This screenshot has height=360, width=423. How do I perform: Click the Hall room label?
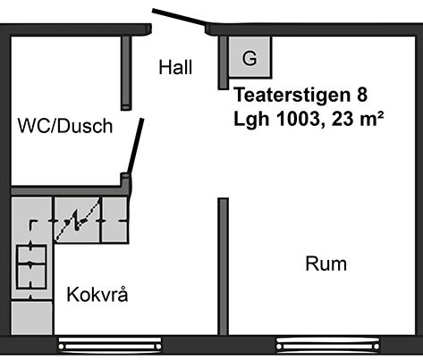tap(175, 67)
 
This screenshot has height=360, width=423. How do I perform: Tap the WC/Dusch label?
tap(65, 126)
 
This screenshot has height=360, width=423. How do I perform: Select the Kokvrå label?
tap(97, 295)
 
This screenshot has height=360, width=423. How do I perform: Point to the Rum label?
tap(326, 264)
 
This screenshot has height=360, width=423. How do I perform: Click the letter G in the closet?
tap(250, 58)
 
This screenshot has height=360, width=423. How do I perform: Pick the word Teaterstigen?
tap(292, 95)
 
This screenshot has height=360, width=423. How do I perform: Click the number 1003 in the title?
tap(299, 119)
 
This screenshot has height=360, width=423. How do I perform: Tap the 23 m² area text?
tap(357, 119)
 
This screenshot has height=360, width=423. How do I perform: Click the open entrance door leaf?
tap(180, 17)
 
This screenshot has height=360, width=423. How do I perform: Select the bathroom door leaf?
tap(136, 147)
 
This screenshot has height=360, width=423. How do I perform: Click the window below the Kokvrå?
tap(110, 345)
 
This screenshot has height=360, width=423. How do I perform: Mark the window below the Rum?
tap(328, 345)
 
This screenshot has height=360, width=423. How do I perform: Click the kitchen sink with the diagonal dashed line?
tap(77, 220)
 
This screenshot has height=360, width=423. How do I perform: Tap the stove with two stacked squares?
tap(31, 267)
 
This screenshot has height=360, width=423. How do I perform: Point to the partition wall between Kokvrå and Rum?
tap(223, 266)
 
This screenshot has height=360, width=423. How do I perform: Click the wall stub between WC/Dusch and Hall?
tap(126, 73)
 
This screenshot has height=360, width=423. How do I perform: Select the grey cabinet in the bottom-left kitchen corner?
tap(32, 318)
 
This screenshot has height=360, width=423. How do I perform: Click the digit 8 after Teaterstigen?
tap(361, 95)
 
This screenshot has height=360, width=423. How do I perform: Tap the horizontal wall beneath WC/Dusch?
tap(66, 190)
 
